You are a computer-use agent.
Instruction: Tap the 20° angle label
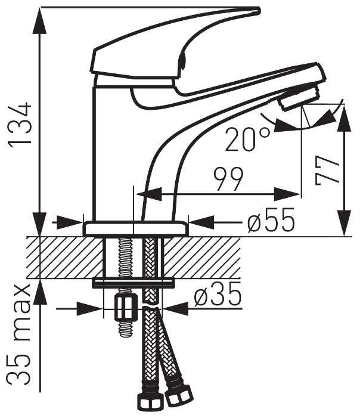(x=247, y=140)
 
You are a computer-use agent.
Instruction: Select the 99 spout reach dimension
(x=229, y=179)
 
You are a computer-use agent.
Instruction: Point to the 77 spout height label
(x=327, y=171)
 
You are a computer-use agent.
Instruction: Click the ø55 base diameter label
(x=271, y=220)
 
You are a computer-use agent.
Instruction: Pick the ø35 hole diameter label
(x=218, y=295)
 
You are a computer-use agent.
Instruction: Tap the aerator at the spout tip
(x=299, y=97)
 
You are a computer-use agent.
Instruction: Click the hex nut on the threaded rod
(x=126, y=307)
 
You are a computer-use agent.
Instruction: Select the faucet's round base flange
(x=136, y=228)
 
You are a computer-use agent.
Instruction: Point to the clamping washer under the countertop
(x=133, y=283)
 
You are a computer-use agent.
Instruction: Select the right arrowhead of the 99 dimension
(x=287, y=194)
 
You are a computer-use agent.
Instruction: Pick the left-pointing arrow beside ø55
(x=201, y=222)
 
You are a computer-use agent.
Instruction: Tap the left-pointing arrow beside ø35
(x=175, y=309)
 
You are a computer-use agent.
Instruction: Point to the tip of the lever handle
(x=259, y=10)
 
